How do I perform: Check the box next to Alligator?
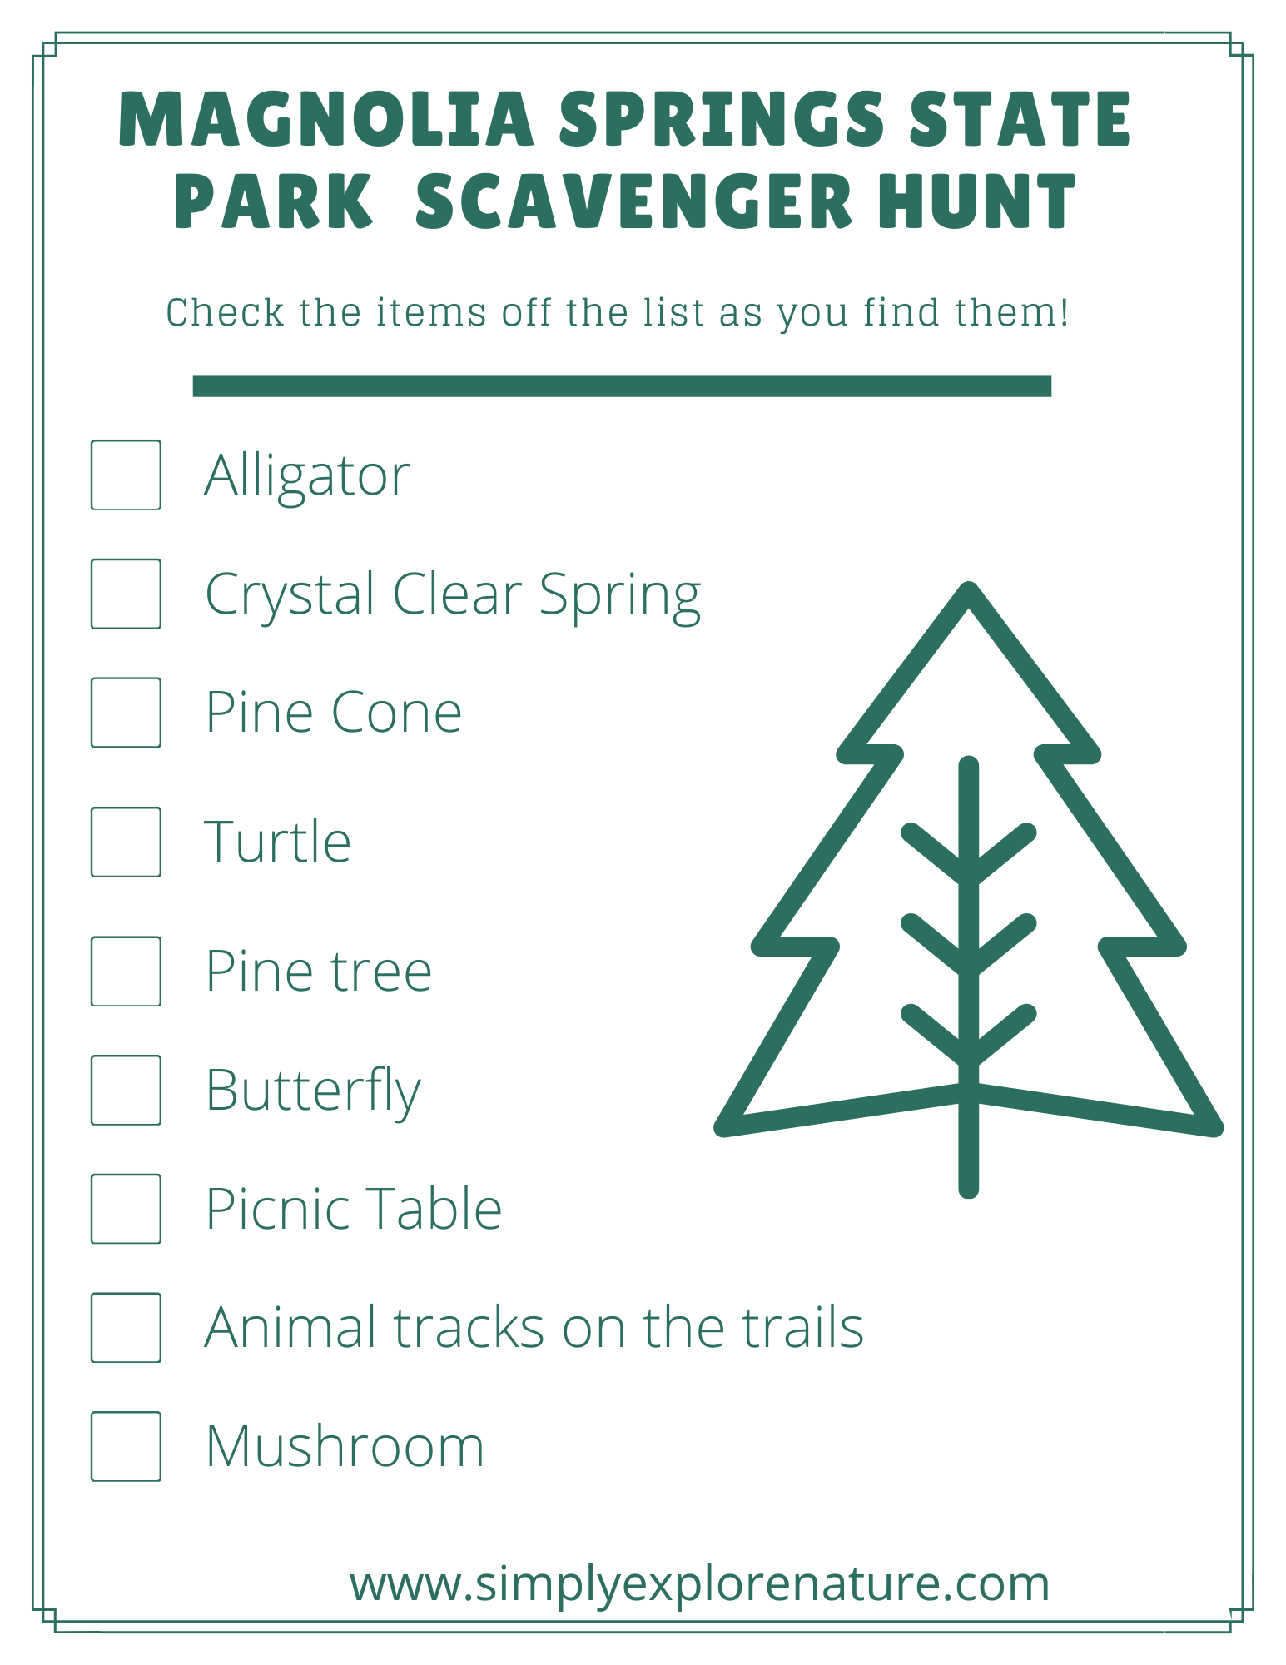126,475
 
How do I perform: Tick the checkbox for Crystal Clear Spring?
126,594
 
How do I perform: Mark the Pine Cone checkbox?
126,713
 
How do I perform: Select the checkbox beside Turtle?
126,842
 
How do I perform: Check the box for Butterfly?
126,1090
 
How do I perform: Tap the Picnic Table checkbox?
126,1209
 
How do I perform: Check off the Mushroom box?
126,1446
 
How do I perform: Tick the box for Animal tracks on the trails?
126,1327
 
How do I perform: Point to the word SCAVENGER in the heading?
633,201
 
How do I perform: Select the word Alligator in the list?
307,476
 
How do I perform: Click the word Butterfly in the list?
313,1091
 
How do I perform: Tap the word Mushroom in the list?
345,1447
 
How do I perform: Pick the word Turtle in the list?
278,842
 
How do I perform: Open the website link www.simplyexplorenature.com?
699,1583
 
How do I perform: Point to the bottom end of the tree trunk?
969,1189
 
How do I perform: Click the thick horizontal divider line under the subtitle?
622,386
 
